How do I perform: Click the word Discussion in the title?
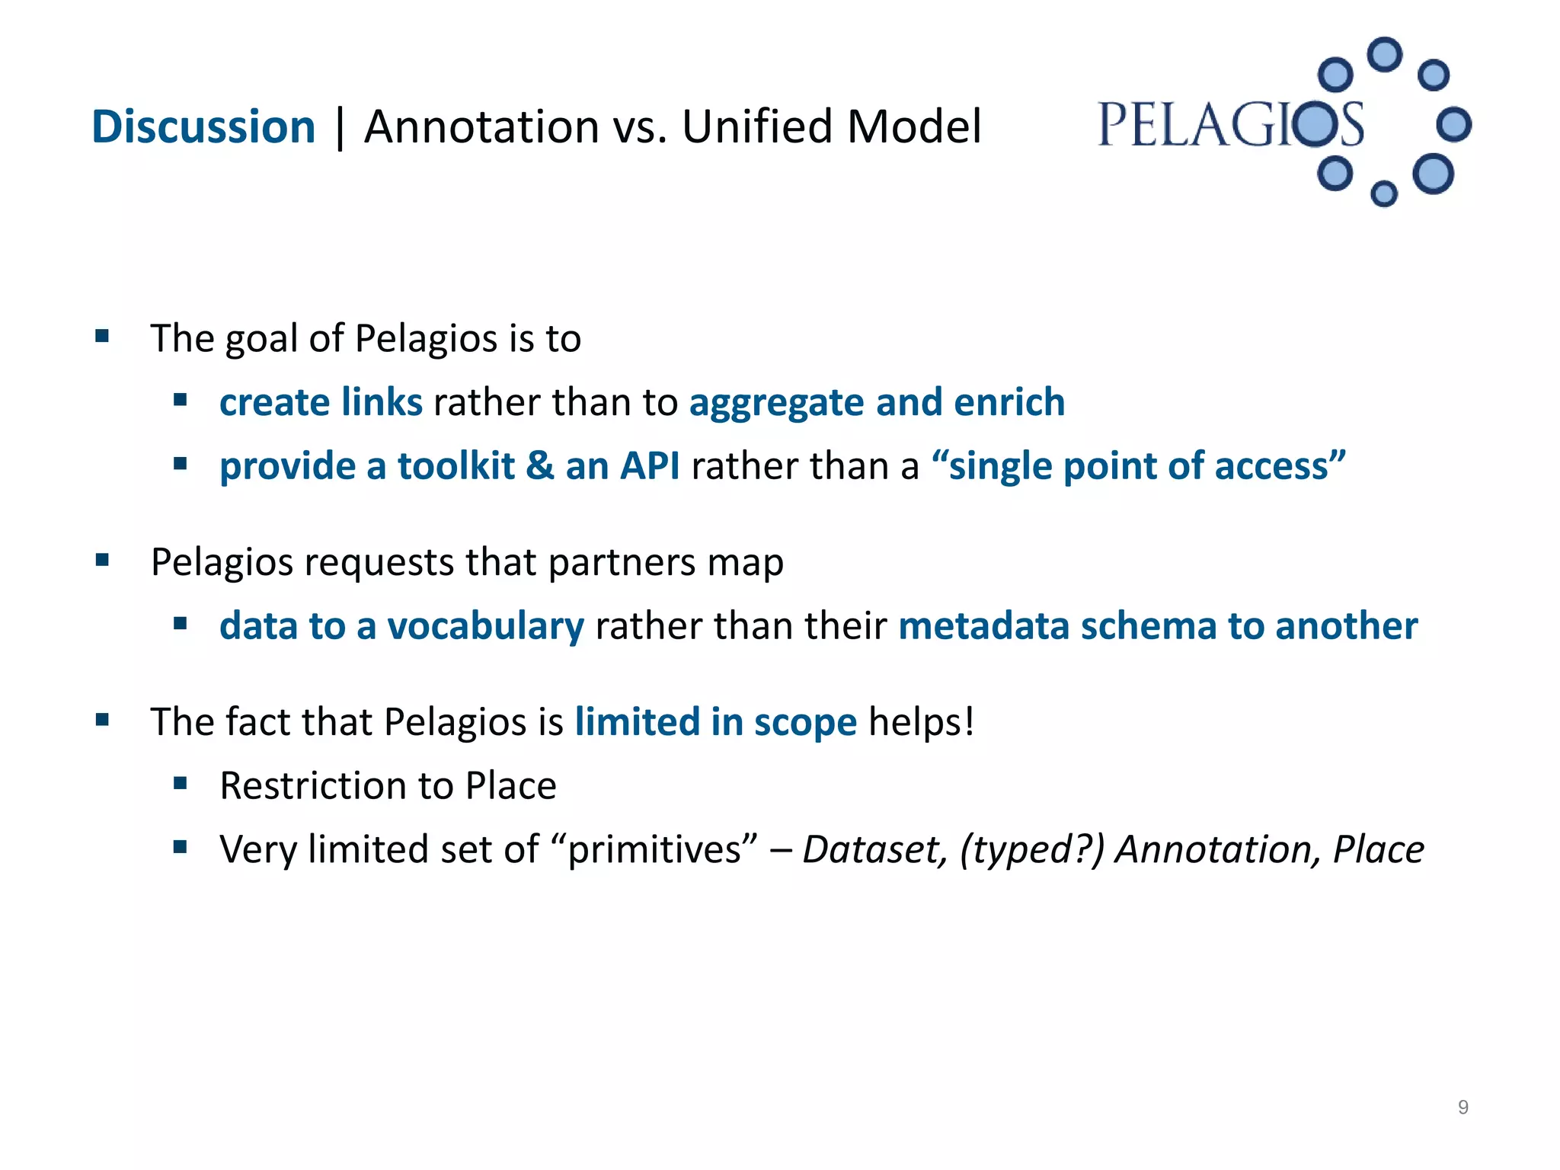pos(203,126)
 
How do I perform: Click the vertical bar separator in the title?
pos(340,128)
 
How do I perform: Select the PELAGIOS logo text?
pos(1230,126)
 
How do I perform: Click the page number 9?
pos(1462,1108)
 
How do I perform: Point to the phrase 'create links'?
pos(321,402)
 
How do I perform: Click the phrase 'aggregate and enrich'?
pos(877,402)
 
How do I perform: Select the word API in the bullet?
pos(649,466)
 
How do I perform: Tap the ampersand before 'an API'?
pos(539,466)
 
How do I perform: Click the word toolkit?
pos(456,466)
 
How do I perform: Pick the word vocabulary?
pos(485,626)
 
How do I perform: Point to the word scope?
pos(805,722)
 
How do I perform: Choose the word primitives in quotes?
pos(653,850)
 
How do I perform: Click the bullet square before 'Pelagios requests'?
pos(103,561)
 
